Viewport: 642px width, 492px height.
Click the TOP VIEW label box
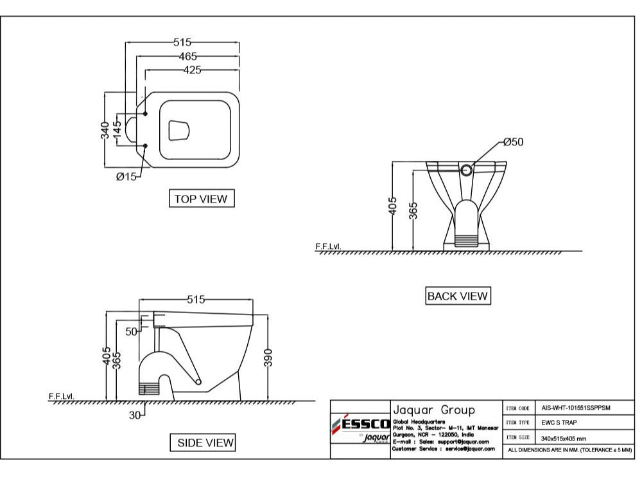(201, 199)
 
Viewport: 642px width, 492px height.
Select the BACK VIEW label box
(457, 296)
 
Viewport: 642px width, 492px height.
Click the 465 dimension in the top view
(187, 57)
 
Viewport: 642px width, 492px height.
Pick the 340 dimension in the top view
(105, 131)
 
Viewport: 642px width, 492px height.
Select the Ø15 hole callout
(126, 177)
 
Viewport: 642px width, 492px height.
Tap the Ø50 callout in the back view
(513, 142)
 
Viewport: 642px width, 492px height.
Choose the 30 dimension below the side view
(135, 415)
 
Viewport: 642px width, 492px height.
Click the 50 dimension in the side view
(131, 332)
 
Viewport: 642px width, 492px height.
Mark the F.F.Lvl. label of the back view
(328, 246)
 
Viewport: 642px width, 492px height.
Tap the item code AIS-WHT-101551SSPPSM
(576, 408)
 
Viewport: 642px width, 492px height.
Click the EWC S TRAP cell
(559, 423)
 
